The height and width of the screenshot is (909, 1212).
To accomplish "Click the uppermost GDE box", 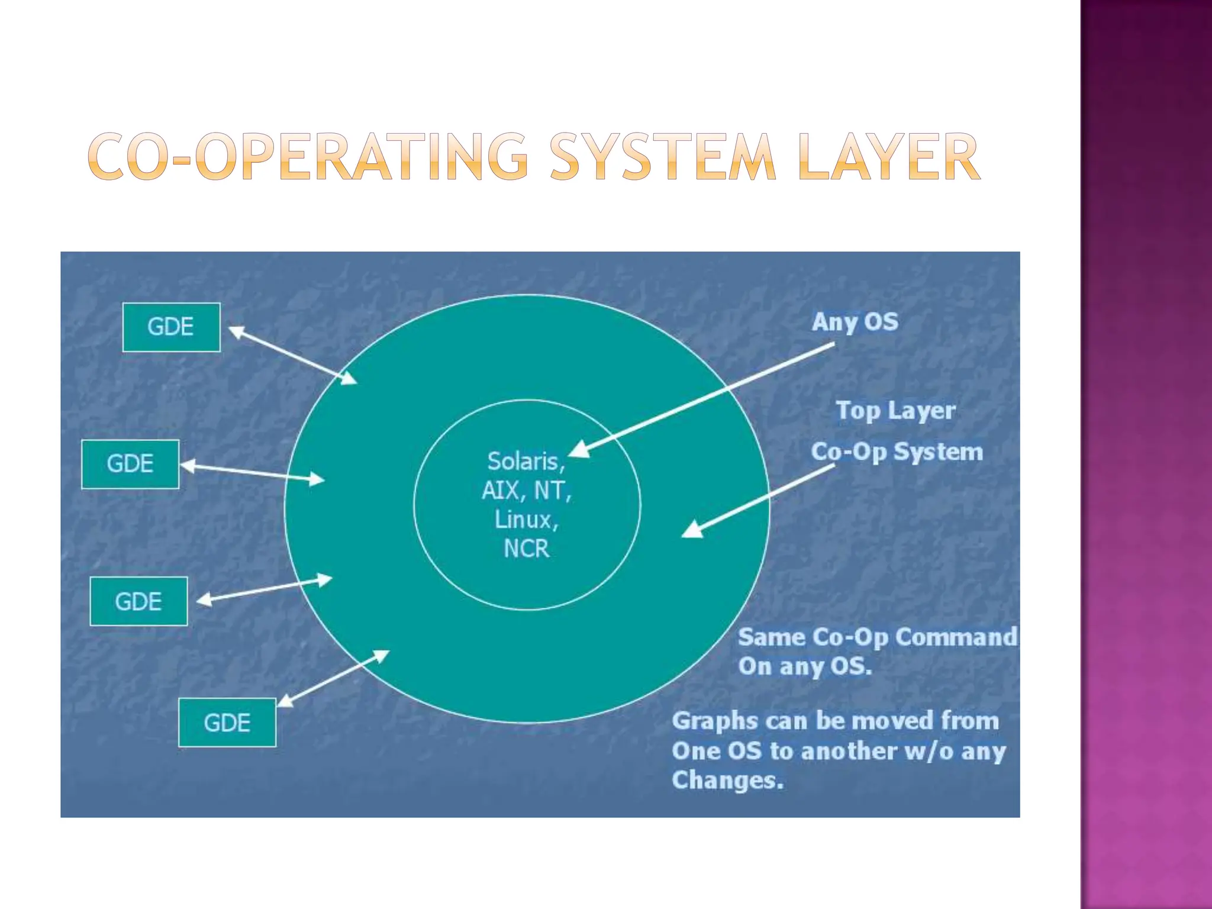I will (x=171, y=327).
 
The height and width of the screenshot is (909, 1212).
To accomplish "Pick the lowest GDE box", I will (x=227, y=723).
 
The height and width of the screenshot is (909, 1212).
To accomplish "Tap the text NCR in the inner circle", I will (x=526, y=549).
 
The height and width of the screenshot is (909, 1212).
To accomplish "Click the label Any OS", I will (x=855, y=323).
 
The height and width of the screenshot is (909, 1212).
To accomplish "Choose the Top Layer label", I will (x=895, y=411).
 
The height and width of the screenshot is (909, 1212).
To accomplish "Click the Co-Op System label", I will (x=897, y=452).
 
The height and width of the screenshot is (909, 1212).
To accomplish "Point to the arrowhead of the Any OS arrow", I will (x=579, y=450).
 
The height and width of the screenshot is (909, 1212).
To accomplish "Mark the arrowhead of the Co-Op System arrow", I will (x=692, y=529).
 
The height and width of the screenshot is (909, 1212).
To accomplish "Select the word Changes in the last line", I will (x=727, y=780).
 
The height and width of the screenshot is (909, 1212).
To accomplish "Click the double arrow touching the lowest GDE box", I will (x=333, y=678).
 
